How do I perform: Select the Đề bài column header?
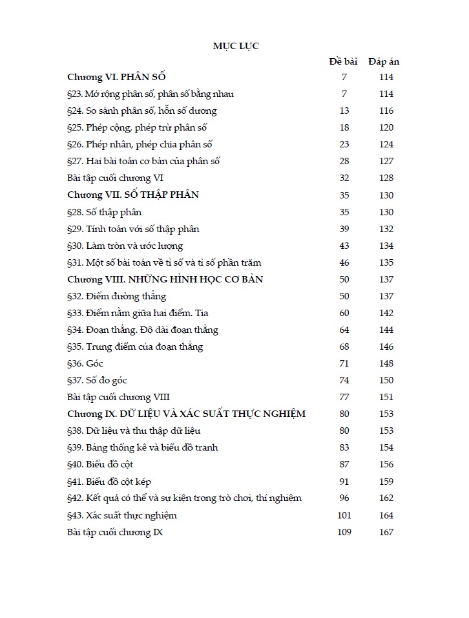pos(343,62)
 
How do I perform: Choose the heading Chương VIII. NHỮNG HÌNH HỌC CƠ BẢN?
pos(165,279)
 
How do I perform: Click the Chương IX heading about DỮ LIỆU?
pos(186,414)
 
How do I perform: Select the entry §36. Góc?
pos(85,363)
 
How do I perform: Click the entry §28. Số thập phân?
pos(104,212)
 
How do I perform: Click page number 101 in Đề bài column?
pos(344,515)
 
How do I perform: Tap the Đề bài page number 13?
pos(344,111)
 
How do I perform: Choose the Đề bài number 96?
pos(344,498)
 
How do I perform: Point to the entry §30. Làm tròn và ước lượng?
pos(125,246)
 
